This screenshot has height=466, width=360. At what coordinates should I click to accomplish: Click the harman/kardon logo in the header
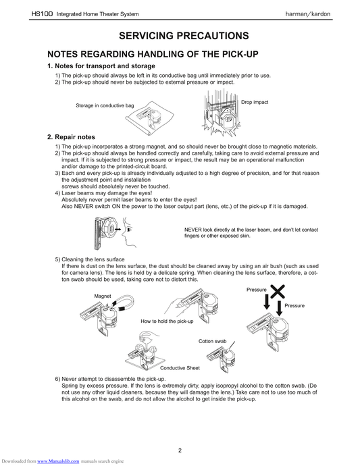308,14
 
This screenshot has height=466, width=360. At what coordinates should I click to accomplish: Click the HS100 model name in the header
42,14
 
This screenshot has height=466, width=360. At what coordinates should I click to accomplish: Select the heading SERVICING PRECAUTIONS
184,36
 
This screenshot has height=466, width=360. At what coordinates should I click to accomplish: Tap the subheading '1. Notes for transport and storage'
101,66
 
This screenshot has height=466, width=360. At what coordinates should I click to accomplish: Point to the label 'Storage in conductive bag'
105,105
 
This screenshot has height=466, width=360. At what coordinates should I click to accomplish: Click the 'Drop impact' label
255,102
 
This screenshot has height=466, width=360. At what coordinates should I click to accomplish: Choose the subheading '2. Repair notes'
71,137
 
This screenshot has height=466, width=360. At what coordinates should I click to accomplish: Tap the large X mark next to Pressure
278,292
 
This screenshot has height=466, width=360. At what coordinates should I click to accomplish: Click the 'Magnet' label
103,296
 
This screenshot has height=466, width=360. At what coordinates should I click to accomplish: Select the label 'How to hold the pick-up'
167,321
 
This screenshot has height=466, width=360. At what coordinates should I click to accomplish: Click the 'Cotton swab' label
212,341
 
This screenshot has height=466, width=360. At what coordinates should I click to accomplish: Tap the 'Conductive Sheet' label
180,368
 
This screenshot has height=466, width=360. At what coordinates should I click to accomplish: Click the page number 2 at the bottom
180,450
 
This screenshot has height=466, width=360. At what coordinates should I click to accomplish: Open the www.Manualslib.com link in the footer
58,461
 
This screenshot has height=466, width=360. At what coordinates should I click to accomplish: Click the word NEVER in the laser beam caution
193,230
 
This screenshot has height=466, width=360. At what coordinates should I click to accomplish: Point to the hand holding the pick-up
175,307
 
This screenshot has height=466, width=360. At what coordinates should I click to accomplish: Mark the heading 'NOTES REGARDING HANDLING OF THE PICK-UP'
153,54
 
